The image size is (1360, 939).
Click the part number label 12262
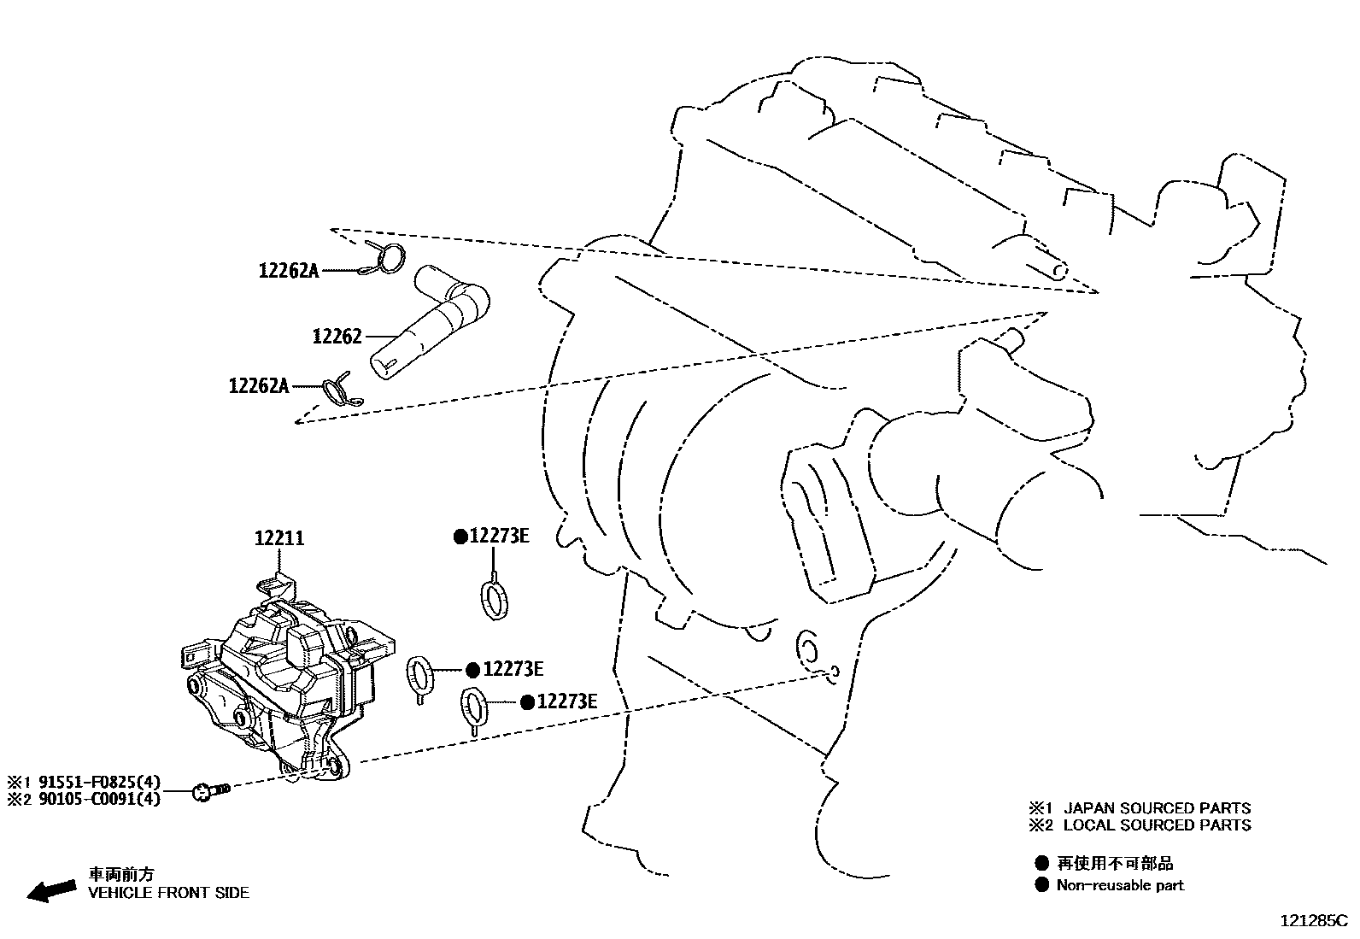(x=337, y=337)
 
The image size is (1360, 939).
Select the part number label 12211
(x=278, y=538)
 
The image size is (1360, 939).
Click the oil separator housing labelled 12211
(x=282, y=684)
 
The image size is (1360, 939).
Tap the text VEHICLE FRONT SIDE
(x=169, y=893)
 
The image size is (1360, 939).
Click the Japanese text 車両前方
(x=122, y=875)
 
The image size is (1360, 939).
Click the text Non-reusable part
(x=1120, y=885)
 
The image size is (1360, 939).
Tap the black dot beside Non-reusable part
(x=1041, y=885)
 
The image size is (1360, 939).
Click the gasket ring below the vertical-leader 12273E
(x=493, y=598)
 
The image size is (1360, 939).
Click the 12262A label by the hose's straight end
(x=258, y=386)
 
